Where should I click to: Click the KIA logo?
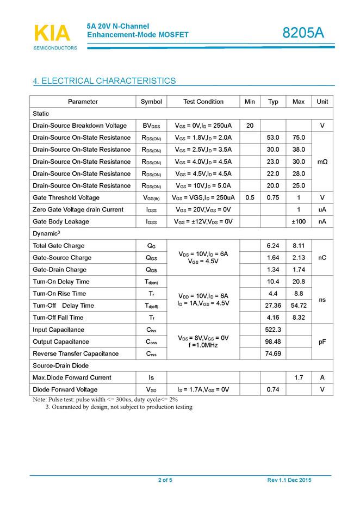point(52,34)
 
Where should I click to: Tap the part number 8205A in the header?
point(303,33)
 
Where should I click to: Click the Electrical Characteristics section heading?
point(104,81)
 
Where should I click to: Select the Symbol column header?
point(151,102)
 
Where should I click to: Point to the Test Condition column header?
point(203,102)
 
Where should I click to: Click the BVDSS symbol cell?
point(151,126)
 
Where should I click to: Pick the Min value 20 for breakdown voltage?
point(250,126)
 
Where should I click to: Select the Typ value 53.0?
point(273,138)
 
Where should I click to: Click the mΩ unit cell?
point(322,162)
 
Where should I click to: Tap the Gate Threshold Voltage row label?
point(66,197)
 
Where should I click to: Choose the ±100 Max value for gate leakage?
point(299,221)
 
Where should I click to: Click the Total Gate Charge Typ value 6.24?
point(273,246)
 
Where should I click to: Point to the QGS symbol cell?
point(151,258)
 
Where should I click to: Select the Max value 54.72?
point(299,306)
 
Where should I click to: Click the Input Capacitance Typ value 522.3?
point(273,330)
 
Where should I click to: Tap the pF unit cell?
point(322,342)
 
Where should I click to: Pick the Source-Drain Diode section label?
point(60,365)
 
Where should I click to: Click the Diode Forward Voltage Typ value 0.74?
point(273,389)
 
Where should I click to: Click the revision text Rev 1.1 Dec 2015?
point(289,480)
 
